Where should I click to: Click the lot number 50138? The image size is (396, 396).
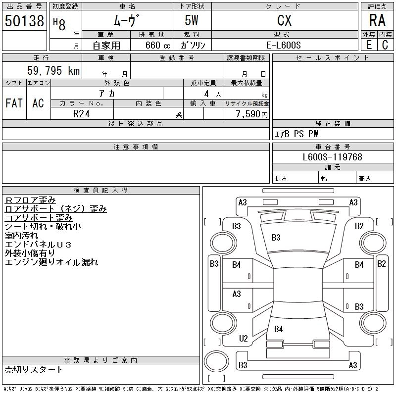(24, 21)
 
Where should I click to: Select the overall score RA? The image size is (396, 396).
(377, 20)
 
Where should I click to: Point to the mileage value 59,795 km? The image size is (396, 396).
(54, 71)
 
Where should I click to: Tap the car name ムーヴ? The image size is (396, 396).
(127, 20)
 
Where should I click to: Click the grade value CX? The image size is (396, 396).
(284, 20)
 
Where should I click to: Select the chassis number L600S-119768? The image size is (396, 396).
(333, 157)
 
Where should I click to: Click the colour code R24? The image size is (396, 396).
(81, 113)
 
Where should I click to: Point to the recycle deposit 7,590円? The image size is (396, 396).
(252, 114)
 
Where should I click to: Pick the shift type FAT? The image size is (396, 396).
(14, 103)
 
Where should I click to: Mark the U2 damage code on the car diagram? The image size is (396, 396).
(243, 339)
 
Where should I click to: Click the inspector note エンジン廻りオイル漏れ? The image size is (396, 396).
(51, 262)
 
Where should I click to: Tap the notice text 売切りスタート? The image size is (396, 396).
(34, 370)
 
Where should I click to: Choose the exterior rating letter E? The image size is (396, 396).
(369, 45)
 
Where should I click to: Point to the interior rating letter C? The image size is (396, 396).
(385, 45)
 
